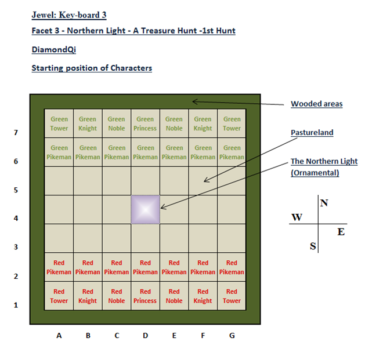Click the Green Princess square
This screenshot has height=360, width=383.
click(145, 123)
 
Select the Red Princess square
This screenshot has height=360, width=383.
click(145, 296)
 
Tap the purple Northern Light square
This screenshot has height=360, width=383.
click(145, 209)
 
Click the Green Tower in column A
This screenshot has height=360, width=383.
click(59, 123)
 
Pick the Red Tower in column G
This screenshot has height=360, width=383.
click(232, 296)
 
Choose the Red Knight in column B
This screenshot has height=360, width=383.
click(88, 296)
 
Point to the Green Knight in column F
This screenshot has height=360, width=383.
click(203, 123)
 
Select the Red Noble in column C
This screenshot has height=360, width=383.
click(117, 296)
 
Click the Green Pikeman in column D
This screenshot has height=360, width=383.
click(145, 152)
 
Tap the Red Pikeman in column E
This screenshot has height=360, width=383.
click(174, 267)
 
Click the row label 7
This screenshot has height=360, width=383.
click(16, 133)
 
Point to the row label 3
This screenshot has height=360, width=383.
click(16, 247)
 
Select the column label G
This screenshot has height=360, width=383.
click(232, 336)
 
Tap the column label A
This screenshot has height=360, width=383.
click(59, 336)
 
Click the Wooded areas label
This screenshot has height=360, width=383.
click(317, 104)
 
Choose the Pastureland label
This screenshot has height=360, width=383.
click(312, 133)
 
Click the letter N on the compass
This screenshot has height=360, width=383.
click(324, 203)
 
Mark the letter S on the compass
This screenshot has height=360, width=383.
click(313, 246)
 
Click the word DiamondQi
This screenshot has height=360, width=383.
click(54, 49)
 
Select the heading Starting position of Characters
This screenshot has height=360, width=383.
click(92, 68)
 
